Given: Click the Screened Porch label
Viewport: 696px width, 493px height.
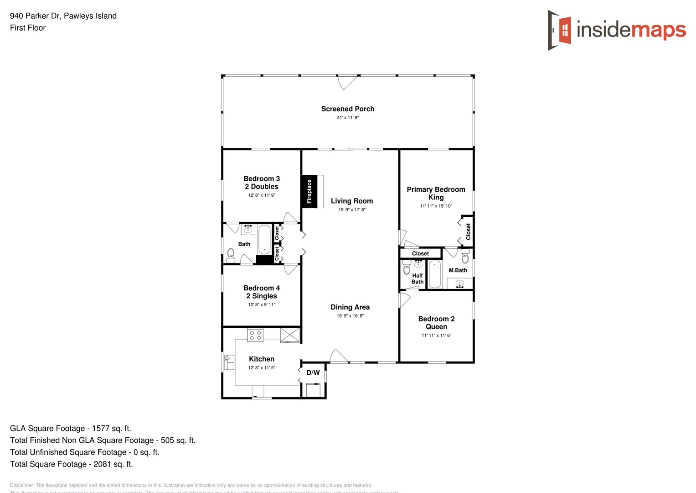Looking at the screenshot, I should [347, 109].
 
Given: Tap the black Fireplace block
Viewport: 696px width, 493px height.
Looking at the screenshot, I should [309, 191].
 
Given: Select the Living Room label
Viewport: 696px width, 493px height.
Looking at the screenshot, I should [351, 201].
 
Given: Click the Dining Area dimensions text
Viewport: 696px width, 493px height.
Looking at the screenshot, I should [350, 316].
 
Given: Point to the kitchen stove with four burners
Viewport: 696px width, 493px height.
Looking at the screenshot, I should [255, 335].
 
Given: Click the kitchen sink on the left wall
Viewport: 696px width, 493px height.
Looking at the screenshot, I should [229, 362].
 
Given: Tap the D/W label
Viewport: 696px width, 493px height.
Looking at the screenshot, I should [313, 372].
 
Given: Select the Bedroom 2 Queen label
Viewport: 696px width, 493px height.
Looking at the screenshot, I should [436, 323].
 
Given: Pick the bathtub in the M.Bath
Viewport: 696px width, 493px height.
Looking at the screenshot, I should [435, 274].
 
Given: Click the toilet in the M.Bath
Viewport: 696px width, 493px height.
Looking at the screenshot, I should [465, 257].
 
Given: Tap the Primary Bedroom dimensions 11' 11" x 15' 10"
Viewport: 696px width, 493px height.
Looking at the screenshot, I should [436, 206].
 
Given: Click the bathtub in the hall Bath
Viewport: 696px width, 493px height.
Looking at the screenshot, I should [264, 239].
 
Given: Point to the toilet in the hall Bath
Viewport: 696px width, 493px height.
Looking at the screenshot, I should [231, 255].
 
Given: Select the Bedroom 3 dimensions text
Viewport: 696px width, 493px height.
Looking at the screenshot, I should [262, 195].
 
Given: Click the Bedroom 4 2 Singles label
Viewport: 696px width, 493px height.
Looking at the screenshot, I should [262, 292].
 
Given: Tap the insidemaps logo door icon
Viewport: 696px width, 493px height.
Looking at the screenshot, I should [560, 30].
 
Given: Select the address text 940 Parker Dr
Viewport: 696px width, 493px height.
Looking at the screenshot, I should [36, 16].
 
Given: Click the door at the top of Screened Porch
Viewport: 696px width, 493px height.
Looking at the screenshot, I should [347, 82].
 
